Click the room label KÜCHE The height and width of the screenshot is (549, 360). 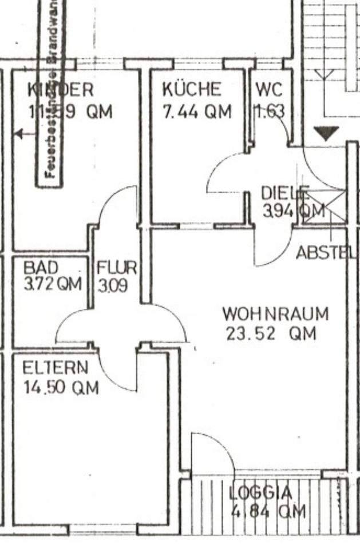point(191,90)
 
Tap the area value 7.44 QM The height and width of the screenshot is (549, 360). point(197,112)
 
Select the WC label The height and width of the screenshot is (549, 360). point(268,90)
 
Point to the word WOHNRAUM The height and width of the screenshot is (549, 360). point(275,314)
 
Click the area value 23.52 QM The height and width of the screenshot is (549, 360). point(271,333)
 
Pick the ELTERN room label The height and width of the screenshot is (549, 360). point(56,368)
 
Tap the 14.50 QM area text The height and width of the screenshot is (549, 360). point(61,388)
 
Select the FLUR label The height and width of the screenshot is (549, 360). point(117,267)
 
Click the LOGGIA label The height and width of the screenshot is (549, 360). point(260,492)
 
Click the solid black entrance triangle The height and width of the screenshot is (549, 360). point(326,134)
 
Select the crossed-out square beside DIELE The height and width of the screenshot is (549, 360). point(324,207)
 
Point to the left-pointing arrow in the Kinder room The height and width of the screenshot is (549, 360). point(20,134)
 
